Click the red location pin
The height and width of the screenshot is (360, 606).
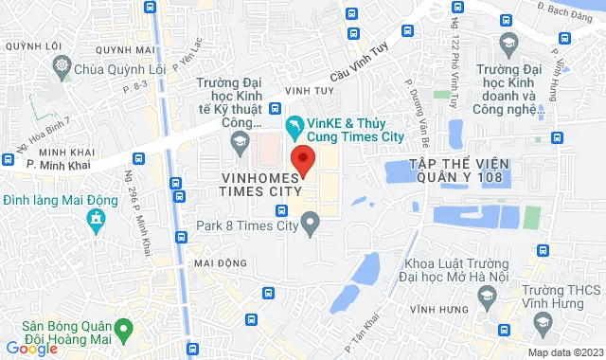(x=301, y=158)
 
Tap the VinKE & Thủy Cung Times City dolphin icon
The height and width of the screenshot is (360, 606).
(x=295, y=124)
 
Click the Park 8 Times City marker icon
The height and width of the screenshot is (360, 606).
(x=310, y=224)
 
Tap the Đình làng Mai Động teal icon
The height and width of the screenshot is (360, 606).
(x=95, y=221)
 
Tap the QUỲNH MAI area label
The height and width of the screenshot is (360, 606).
(x=132, y=51)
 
